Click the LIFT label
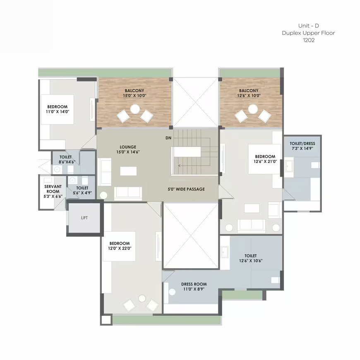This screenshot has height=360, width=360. pos(84,218)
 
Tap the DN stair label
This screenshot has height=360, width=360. pos(168,138)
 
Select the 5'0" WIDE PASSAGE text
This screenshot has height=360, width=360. pos(186,189)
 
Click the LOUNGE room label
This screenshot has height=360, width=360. pos(128,147)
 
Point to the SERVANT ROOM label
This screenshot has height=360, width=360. pos(53,189)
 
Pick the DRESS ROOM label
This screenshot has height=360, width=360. pos(194,284)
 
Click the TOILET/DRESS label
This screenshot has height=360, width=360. pos(302,144)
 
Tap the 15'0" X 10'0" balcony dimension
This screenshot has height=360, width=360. pos(134,96)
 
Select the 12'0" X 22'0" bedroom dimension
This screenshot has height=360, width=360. pos(120,248)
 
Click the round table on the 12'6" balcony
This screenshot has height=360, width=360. pos(253,109)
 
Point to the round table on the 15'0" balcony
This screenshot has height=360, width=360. pos(135,109)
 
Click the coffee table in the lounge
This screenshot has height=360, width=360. pos(128,171)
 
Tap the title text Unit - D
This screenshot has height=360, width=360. pos(309,26)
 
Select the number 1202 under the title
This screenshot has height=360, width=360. pos(309,40)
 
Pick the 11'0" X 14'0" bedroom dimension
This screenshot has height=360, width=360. pos(58,112)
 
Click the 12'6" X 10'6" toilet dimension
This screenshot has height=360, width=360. pos(251,261)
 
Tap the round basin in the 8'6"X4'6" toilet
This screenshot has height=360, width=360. pos(57,169)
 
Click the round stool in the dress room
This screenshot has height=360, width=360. pos(172,292)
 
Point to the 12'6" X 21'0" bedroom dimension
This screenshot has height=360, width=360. pos(265,161)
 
